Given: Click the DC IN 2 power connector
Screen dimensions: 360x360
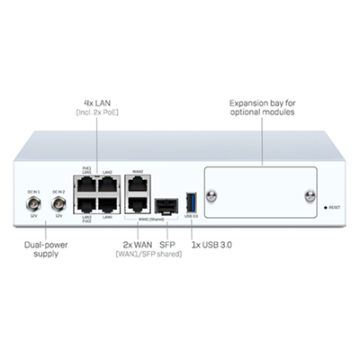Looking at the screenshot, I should point(58,203).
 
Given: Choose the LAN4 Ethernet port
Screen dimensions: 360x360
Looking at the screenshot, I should point(107,204).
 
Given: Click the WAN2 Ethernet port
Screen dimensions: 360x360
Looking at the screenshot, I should point(138,184).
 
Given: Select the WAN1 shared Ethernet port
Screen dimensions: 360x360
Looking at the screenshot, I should point(138,204).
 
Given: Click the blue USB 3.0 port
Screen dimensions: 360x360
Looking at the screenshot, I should point(189,202).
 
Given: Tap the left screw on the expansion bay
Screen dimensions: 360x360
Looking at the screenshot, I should point(213,193).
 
